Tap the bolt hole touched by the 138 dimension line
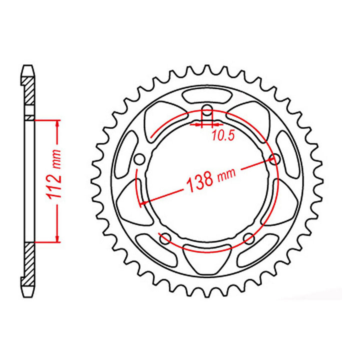274,159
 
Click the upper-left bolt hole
140,159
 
